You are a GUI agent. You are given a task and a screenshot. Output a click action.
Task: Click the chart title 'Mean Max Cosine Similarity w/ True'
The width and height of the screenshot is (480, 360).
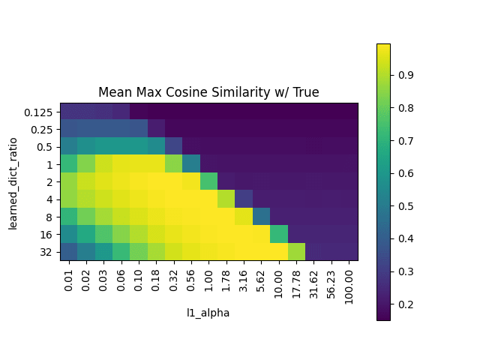(208, 92)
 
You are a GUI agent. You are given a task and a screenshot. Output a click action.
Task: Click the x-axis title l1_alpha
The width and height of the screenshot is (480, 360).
(208, 313)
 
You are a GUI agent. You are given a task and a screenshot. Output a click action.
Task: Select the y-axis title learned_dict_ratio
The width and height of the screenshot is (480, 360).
(13, 181)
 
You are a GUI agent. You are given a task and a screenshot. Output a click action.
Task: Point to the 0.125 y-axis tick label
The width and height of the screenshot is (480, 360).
(37, 111)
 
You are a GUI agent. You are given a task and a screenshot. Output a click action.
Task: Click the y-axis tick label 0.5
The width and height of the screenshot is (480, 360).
(42, 146)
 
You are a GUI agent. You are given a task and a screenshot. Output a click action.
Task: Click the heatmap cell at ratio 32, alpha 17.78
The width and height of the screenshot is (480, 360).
(296, 251)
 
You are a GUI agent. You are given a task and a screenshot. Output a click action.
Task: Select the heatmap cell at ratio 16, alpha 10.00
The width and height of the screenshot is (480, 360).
(279, 233)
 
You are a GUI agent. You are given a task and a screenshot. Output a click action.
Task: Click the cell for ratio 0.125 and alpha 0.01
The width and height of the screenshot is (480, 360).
(69, 111)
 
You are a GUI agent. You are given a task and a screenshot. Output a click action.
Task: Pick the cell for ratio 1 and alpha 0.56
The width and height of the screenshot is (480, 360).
(191, 163)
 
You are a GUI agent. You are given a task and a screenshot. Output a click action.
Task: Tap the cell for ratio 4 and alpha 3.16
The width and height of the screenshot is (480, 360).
(244, 199)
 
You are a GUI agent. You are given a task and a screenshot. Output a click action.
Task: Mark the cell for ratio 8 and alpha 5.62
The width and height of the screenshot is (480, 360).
(262, 216)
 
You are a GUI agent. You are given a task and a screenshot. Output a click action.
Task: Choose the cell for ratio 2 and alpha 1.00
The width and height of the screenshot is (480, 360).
(209, 181)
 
